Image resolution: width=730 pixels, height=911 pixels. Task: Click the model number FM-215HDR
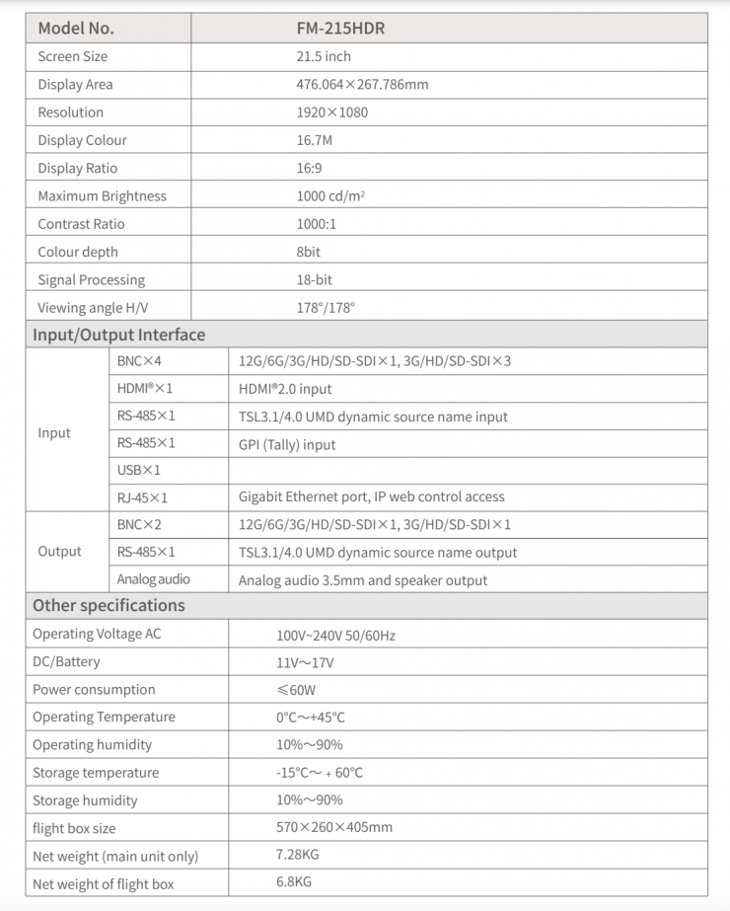tap(340, 28)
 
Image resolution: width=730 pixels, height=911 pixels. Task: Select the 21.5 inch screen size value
tap(324, 56)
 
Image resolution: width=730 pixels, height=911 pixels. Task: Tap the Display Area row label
tap(75, 84)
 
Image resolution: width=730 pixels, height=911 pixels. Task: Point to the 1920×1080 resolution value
tap(331, 113)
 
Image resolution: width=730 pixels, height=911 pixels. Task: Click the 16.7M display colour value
tap(315, 140)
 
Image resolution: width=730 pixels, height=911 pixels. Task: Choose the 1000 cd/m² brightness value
tap(330, 196)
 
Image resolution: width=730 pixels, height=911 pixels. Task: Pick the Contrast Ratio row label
tap(81, 224)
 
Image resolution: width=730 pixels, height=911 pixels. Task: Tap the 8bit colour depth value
tap(308, 252)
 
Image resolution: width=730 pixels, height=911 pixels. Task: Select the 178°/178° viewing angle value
tap(326, 308)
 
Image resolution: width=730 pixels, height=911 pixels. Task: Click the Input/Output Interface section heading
tap(118, 335)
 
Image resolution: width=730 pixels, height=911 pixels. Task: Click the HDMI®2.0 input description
tap(285, 389)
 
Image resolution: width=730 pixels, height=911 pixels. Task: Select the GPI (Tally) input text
tap(287, 444)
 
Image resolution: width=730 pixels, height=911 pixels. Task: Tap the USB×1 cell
tap(139, 470)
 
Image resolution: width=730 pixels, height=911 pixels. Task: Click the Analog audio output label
tap(153, 579)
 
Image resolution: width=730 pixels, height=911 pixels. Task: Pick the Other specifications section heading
tap(109, 605)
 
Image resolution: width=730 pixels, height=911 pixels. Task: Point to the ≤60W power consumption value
tap(296, 690)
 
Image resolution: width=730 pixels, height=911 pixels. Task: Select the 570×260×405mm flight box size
tap(334, 827)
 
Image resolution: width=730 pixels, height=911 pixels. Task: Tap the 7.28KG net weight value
tap(297, 854)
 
